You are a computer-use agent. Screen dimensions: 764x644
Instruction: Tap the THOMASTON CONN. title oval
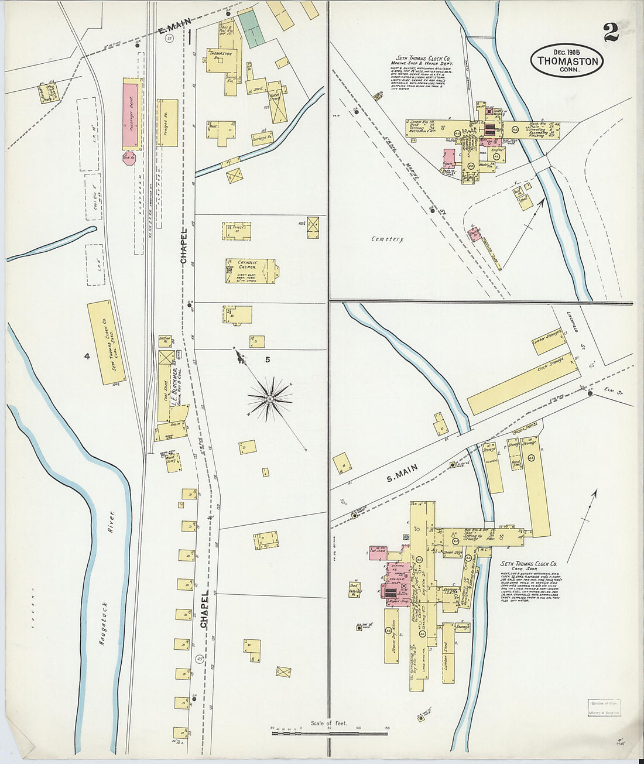tap(567, 60)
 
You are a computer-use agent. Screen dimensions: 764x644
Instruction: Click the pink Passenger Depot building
tap(130, 115)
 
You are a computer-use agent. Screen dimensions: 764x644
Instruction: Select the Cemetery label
tap(388, 239)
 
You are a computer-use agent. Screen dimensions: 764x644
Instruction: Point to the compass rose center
tap(270, 399)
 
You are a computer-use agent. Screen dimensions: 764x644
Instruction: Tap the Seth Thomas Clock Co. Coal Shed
tap(107, 342)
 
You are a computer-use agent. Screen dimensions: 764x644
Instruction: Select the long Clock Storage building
tap(523, 383)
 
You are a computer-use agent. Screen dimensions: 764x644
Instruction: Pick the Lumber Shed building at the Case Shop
tap(448, 653)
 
